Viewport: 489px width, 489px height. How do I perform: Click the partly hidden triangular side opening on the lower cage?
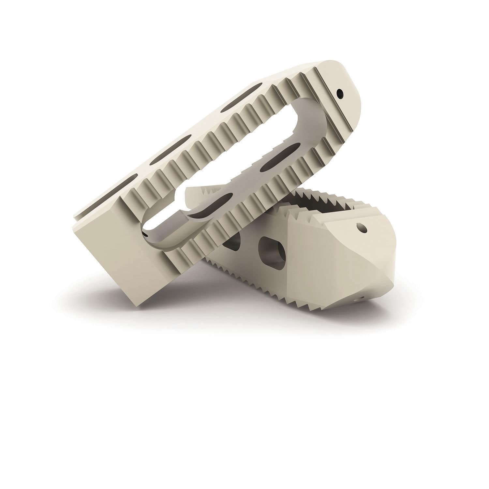pos(232,242)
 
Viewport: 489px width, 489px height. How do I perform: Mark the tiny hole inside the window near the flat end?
pos(144,233)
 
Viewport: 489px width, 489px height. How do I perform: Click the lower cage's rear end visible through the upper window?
pos(192,196)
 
